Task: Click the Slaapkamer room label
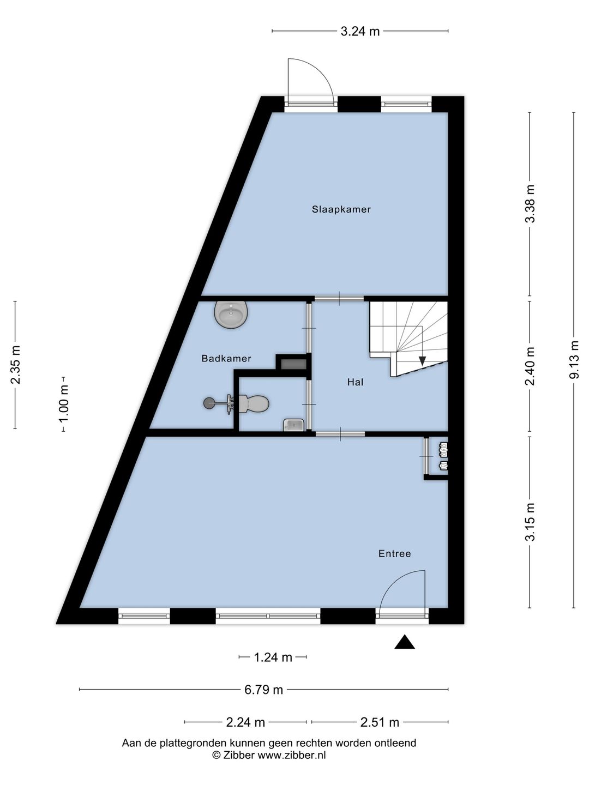pyautogui.click(x=341, y=209)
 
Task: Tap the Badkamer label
pyautogui.click(x=226, y=358)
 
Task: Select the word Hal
pyautogui.click(x=355, y=382)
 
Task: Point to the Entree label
pyautogui.click(x=394, y=554)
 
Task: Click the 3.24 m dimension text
pyautogui.click(x=360, y=32)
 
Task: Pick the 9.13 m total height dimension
pyautogui.click(x=574, y=359)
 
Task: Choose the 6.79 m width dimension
pyautogui.click(x=263, y=690)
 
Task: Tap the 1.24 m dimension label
pyautogui.click(x=273, y=657)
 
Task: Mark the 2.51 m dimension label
pyautogui.click(x=380, y=722)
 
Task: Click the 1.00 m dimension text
pyautogui.click(x=63, y=404)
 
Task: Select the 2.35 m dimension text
pyautogui.click(x=15, y=365)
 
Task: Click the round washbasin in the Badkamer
pyautogui.click(x=231, y=313)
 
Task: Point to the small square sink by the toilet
pyautogui.click(x=293, y=425)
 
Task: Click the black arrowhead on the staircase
pyautogui.click(x=422, y=361)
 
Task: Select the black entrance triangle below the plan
pyautogui.click(x=405, y=642)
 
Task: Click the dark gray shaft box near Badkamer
pyautogui.click(x=293, y=365)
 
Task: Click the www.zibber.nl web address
pyautogui.click(x=291, y=756)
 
